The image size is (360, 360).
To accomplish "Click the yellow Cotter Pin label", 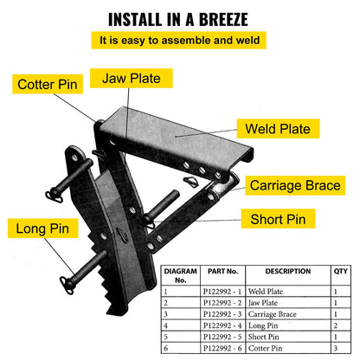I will point(48,85).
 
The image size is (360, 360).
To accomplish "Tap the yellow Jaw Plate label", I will point(132,77).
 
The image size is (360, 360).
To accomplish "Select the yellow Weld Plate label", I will point(276,131).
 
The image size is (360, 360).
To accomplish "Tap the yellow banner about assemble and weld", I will point(180,41).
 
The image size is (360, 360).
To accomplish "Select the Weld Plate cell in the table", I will point(275,292).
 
